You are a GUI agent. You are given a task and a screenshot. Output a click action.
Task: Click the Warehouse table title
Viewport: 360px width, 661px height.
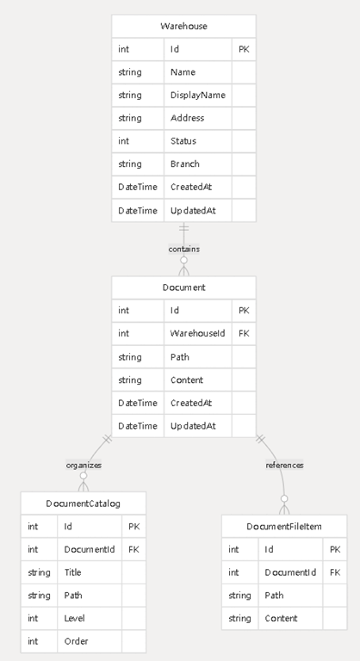(183, 26)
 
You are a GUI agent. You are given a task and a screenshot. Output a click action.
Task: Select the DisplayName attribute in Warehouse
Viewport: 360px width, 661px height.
(197, 96)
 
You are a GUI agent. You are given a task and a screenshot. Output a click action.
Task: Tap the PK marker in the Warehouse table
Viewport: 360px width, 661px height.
(244, 49)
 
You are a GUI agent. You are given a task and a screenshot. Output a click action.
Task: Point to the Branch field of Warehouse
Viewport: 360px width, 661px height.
(185, 164)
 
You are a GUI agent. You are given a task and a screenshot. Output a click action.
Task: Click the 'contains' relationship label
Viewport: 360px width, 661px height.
(184, 249)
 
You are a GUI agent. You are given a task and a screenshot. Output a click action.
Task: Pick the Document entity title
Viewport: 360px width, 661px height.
(183, 287)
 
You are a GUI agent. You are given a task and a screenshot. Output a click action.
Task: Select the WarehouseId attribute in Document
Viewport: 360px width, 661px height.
(197, 333)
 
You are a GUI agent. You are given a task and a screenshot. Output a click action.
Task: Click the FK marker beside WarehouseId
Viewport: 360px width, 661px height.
(244, 333)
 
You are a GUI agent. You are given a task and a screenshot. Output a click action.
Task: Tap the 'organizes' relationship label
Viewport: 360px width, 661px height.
(84, 466)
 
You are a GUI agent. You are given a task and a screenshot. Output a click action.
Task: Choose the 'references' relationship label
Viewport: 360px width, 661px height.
(284, 466)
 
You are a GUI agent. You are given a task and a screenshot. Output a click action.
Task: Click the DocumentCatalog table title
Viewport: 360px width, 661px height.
(84, 503)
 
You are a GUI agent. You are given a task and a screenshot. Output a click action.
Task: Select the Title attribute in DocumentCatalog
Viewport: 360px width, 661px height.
(72, 572)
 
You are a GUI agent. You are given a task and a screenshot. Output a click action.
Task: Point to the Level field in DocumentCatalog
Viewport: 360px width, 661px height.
(74, 619)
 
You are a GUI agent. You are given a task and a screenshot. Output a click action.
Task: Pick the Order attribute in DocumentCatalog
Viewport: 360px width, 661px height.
(76, 641)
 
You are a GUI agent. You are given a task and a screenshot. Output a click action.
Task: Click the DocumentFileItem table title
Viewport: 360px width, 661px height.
(284, 527)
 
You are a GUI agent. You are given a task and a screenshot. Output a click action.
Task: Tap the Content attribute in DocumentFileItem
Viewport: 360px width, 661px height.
(281, 619)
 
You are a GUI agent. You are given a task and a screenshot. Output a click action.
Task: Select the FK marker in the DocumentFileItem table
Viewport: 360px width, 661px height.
(335, 572)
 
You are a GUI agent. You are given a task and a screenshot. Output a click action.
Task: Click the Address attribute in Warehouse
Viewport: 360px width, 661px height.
(188, 118)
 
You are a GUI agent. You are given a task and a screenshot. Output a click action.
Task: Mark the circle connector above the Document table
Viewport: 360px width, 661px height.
(184, 260)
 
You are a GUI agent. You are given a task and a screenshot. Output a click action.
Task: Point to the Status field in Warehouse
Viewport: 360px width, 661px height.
(183, 141)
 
